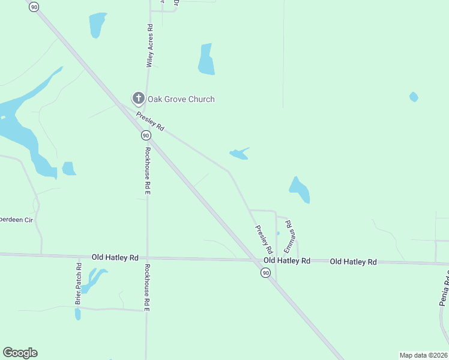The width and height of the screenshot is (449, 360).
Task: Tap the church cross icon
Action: (138, 98)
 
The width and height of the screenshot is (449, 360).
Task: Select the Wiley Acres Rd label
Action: (149, 46)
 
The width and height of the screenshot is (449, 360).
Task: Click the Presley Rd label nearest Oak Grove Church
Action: (150, 122)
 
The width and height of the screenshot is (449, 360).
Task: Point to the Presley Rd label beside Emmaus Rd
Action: (264, 238)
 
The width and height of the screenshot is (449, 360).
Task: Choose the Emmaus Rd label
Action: (292, 235)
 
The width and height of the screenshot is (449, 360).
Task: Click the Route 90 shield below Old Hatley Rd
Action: (265, 273)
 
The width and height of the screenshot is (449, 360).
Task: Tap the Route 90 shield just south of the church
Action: (146, 136)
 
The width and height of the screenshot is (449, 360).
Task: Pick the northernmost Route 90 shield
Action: (34, 7)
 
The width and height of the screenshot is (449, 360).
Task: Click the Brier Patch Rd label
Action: (78, 283)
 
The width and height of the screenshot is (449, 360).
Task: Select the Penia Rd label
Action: (445, 289)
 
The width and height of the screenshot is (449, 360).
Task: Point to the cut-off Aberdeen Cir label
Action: (16, 220)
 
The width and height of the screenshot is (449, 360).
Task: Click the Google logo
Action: (20, 353)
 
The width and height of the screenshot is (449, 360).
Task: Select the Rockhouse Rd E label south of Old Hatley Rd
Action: (146, 287)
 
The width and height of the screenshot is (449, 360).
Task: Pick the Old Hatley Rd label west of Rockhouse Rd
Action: (115, 257)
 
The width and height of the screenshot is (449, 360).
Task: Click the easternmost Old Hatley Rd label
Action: (353, 262)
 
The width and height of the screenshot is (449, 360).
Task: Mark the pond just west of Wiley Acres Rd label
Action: (97, 25)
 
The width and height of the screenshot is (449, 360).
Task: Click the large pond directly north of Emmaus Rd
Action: (300, 190)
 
